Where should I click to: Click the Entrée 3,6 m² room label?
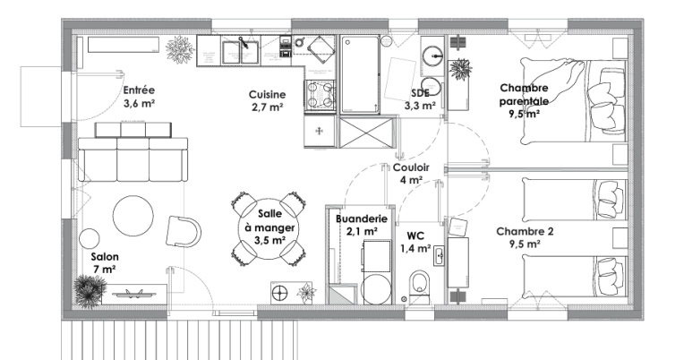[139, 96]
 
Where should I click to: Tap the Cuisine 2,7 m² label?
[267, 100]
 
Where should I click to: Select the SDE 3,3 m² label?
[420, 99]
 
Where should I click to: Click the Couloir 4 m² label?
[411, 173]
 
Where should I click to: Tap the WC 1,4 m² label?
[415, 241]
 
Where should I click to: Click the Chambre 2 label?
[525, 236]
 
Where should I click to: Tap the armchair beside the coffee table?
[184, 231]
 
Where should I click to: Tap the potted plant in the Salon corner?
[88, 288]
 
